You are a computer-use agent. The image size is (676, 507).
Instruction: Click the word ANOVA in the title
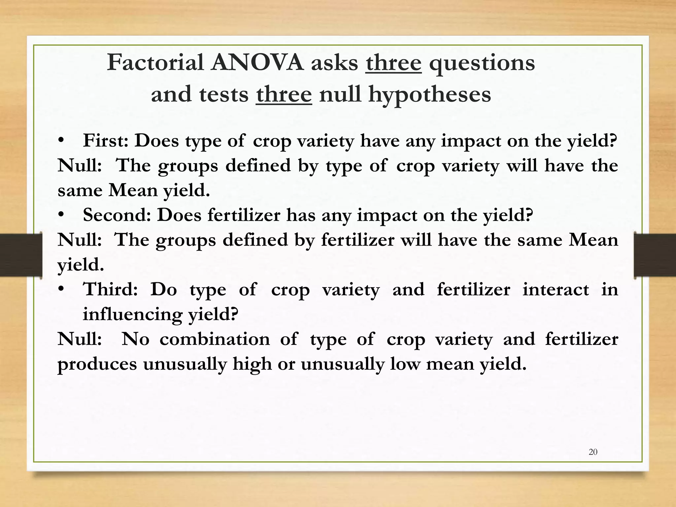pos(257,63)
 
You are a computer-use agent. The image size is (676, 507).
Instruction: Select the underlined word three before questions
pos(393,63)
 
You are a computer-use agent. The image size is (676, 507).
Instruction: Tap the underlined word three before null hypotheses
pos(284,94)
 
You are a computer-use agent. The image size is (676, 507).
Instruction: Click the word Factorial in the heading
pos(155,63)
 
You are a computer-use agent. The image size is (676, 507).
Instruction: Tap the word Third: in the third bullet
pos(110,289)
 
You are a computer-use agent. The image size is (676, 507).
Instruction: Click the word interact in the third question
pos(556,289)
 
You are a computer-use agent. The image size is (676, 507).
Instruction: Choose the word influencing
pos(132,314)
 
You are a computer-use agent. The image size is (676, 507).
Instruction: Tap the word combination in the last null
pos(215,339)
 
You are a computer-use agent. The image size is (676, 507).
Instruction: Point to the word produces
pos(97,364)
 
